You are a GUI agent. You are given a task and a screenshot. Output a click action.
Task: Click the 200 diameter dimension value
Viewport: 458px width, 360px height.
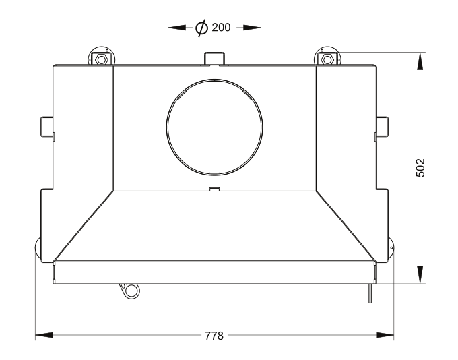(x=221, y=28)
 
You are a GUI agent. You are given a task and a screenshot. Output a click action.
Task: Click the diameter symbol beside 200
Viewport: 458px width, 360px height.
(x=201, y=28)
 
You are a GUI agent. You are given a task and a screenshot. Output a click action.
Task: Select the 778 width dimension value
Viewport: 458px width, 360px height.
(x=214, y=336)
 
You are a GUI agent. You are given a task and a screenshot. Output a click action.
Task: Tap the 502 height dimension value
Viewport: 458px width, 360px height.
(x=420, y=168)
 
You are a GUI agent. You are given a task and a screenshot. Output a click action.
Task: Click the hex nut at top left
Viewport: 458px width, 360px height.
(x=101, y=59)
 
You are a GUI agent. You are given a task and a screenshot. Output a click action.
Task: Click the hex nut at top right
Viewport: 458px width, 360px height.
(x=327, y=59)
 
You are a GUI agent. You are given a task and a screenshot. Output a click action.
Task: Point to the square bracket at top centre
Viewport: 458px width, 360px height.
(x=214, y=58)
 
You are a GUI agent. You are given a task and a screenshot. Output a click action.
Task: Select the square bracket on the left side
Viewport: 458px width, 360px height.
(x=46, y=126)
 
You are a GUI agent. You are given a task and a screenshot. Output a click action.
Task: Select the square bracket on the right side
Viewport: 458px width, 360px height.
(x=382, y=126)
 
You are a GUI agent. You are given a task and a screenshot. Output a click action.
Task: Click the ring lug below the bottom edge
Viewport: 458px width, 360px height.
(x=131, y=291)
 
